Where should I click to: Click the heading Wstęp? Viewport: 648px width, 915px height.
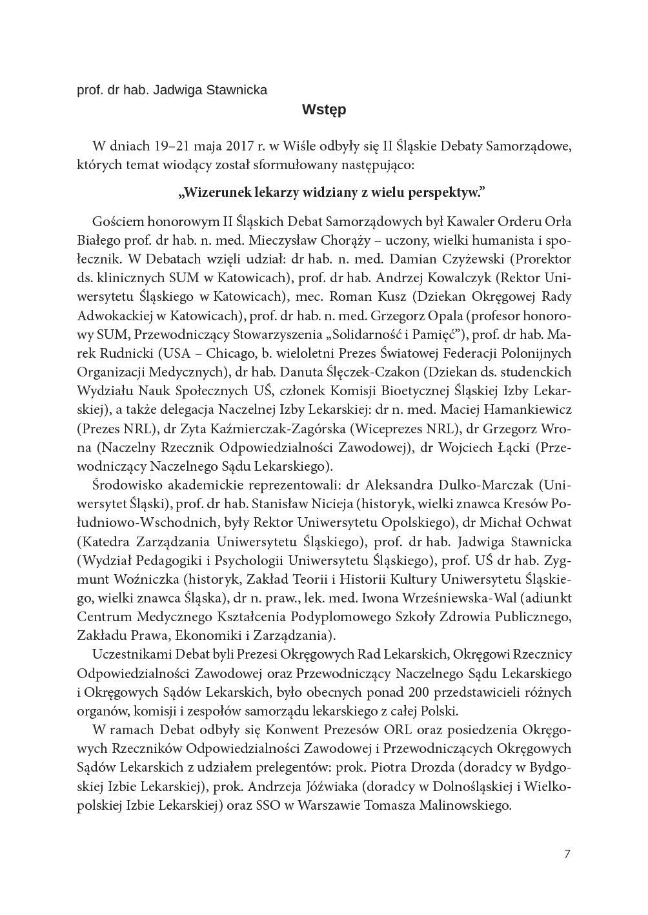[324, 110]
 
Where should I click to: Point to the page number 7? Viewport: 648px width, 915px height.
[567, 854]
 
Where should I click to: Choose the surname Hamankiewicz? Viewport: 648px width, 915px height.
[523, 409]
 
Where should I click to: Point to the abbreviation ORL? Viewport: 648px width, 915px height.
[400, 730]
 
